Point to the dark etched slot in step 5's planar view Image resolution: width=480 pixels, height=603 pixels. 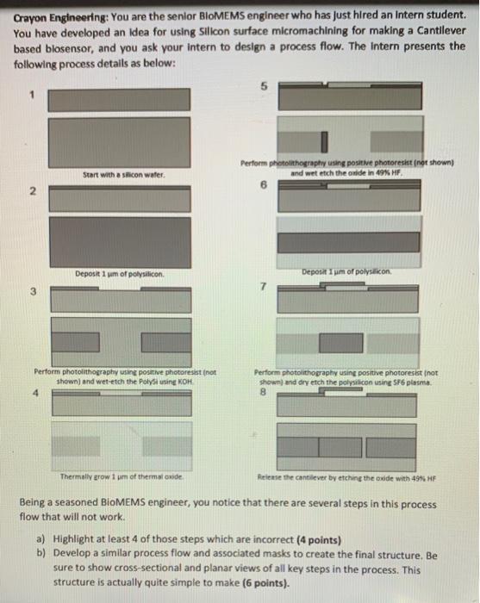pos(327,140)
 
